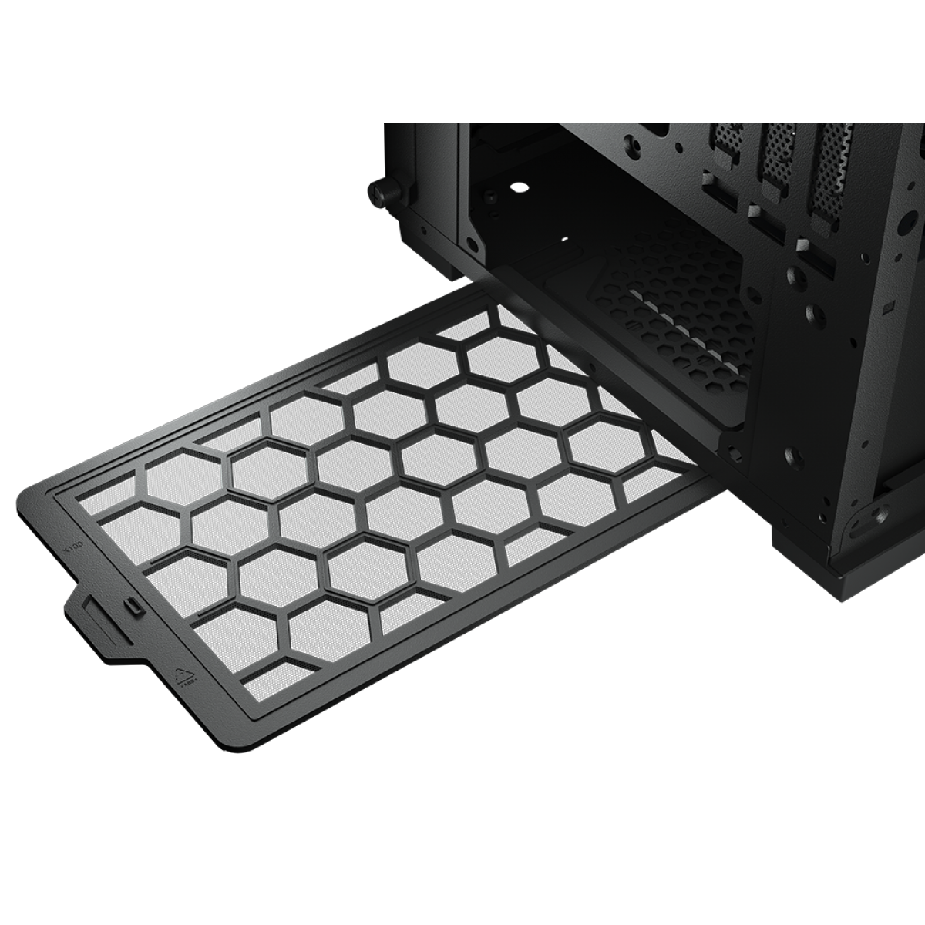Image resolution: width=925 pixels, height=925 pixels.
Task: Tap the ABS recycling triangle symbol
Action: click(x=188, y=677)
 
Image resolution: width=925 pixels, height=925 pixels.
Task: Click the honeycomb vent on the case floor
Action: click(x=678, y=308)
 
